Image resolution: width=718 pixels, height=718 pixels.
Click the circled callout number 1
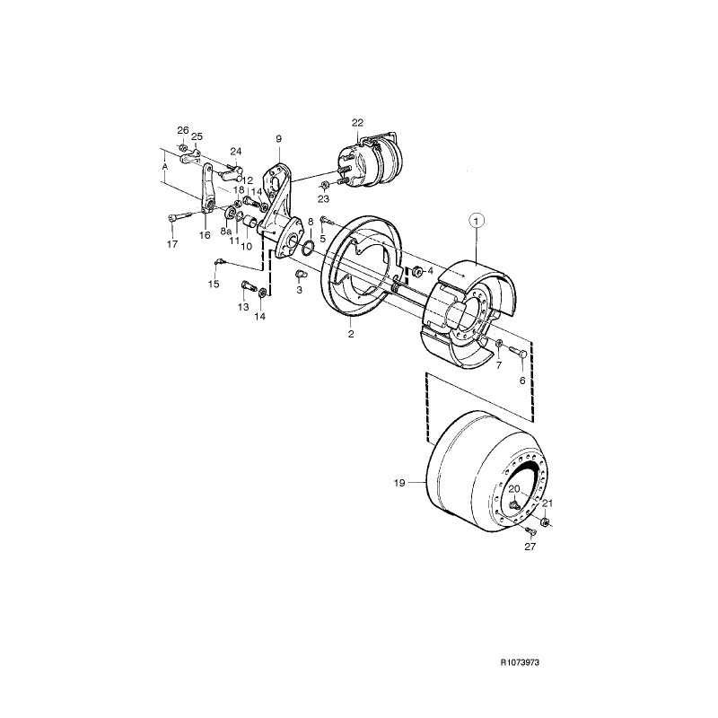[x=477, y=219]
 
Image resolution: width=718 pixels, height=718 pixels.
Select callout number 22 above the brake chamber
[x=357, y=122]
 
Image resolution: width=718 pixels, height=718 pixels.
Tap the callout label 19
[x=400, y=482]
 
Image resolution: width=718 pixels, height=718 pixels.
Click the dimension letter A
[x=164, y=167]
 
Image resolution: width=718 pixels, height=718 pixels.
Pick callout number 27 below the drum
[x=530, y=547]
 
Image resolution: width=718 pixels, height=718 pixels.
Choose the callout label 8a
[x=224, y=231]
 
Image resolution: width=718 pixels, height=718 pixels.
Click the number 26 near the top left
[x=182, y=131]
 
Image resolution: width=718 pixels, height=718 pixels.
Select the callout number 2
[x=351, y=334]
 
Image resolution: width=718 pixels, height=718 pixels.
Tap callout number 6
[x=521, y=380]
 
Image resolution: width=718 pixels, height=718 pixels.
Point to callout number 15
[x=214, y=285]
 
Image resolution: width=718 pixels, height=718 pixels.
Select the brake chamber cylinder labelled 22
[x=372, y=162]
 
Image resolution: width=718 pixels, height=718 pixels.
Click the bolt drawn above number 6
[x=520, y=354]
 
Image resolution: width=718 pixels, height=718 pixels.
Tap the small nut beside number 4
[x=417, y=270]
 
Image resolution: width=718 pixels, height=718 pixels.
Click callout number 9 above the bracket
[x=278, y=139]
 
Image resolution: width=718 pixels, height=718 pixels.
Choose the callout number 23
[x=323, y=199]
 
